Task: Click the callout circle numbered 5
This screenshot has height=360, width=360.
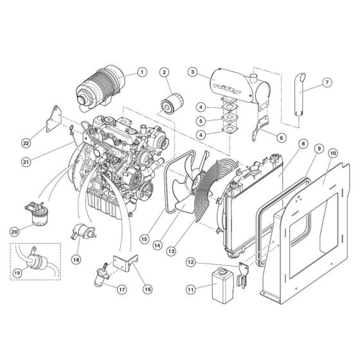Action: [201, 120]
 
